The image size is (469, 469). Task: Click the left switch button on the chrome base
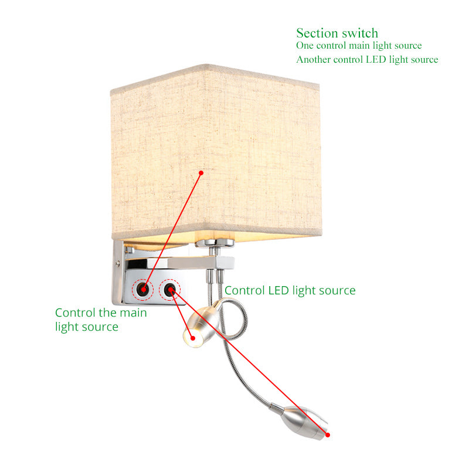coord(142,290)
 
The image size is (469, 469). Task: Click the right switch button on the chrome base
coord(169,290)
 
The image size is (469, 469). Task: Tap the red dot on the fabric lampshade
coord(201,173)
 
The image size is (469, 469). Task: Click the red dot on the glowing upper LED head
coord(193,338)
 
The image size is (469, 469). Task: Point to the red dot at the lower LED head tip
coord(328,435)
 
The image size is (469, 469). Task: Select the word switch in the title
coord(360,33)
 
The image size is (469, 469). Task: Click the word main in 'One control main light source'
coord(359,46)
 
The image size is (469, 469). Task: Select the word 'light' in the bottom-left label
coord(66,327)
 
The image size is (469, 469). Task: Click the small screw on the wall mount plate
coord(118,263)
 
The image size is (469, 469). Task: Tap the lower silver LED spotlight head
coord(304,422)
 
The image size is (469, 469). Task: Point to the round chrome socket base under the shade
coord(215,243)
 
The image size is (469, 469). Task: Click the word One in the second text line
coord(304,46)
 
